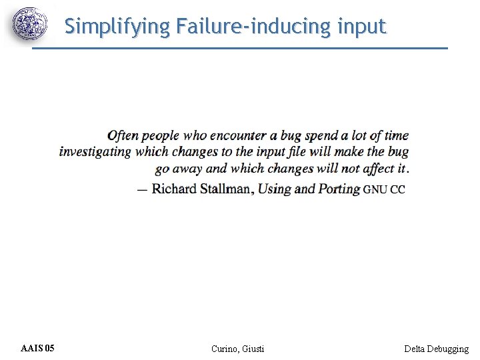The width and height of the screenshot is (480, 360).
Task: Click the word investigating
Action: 95,152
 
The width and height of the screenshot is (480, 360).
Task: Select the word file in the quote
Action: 303,151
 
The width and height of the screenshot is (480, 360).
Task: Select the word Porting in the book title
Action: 339,189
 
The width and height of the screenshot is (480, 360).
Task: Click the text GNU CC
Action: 384,189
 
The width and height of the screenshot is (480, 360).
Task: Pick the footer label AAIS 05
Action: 38,349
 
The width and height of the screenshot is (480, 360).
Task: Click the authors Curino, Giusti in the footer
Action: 237,349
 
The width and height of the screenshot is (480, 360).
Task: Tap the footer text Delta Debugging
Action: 436,349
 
